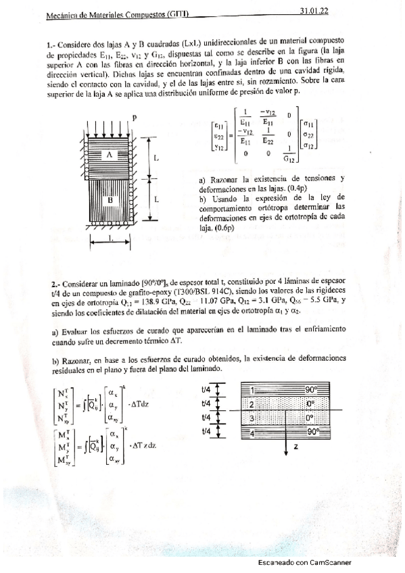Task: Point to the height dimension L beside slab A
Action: point(156,157)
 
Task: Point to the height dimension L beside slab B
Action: point(156,200)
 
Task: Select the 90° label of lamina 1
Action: point(309,391)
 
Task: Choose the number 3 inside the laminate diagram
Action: point(252,418)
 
